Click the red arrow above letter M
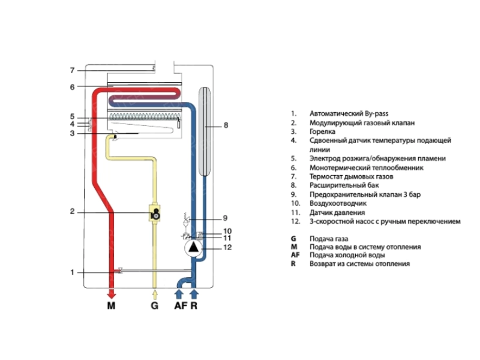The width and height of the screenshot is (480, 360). [x=112, y=294]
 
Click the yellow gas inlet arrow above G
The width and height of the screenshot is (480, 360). [x=155, y=295]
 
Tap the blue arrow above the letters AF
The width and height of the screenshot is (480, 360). [x=179, y=294]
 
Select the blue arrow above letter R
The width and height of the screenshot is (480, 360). [x=194, y=294]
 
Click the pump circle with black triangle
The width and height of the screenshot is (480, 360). [x=193, y=248]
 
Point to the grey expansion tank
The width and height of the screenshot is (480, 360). [x=205, y=131]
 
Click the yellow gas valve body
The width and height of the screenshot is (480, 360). [x=155, y=212]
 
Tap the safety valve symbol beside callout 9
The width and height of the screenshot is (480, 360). [x=187, y=219]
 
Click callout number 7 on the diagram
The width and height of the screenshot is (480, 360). [x=72, y=70]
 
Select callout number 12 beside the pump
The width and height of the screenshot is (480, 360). [x=227, y=247]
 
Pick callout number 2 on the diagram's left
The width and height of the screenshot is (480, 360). [x=72, y=211]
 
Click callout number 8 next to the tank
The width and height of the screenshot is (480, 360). [x=226, y=125]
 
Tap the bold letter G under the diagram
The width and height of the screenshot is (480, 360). [x=155, y=305]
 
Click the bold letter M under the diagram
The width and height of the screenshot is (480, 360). [x=111, y=305]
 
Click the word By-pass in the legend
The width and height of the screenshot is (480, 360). [x=377, y=114]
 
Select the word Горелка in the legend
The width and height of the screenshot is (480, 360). [x=322, y=131]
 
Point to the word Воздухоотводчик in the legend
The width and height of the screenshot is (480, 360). [x=338, y=203]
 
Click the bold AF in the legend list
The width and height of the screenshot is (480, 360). [x=295, y=255]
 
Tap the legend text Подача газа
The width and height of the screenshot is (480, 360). [x=329, y=239]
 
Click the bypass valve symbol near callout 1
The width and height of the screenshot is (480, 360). [x=121, y=271]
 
